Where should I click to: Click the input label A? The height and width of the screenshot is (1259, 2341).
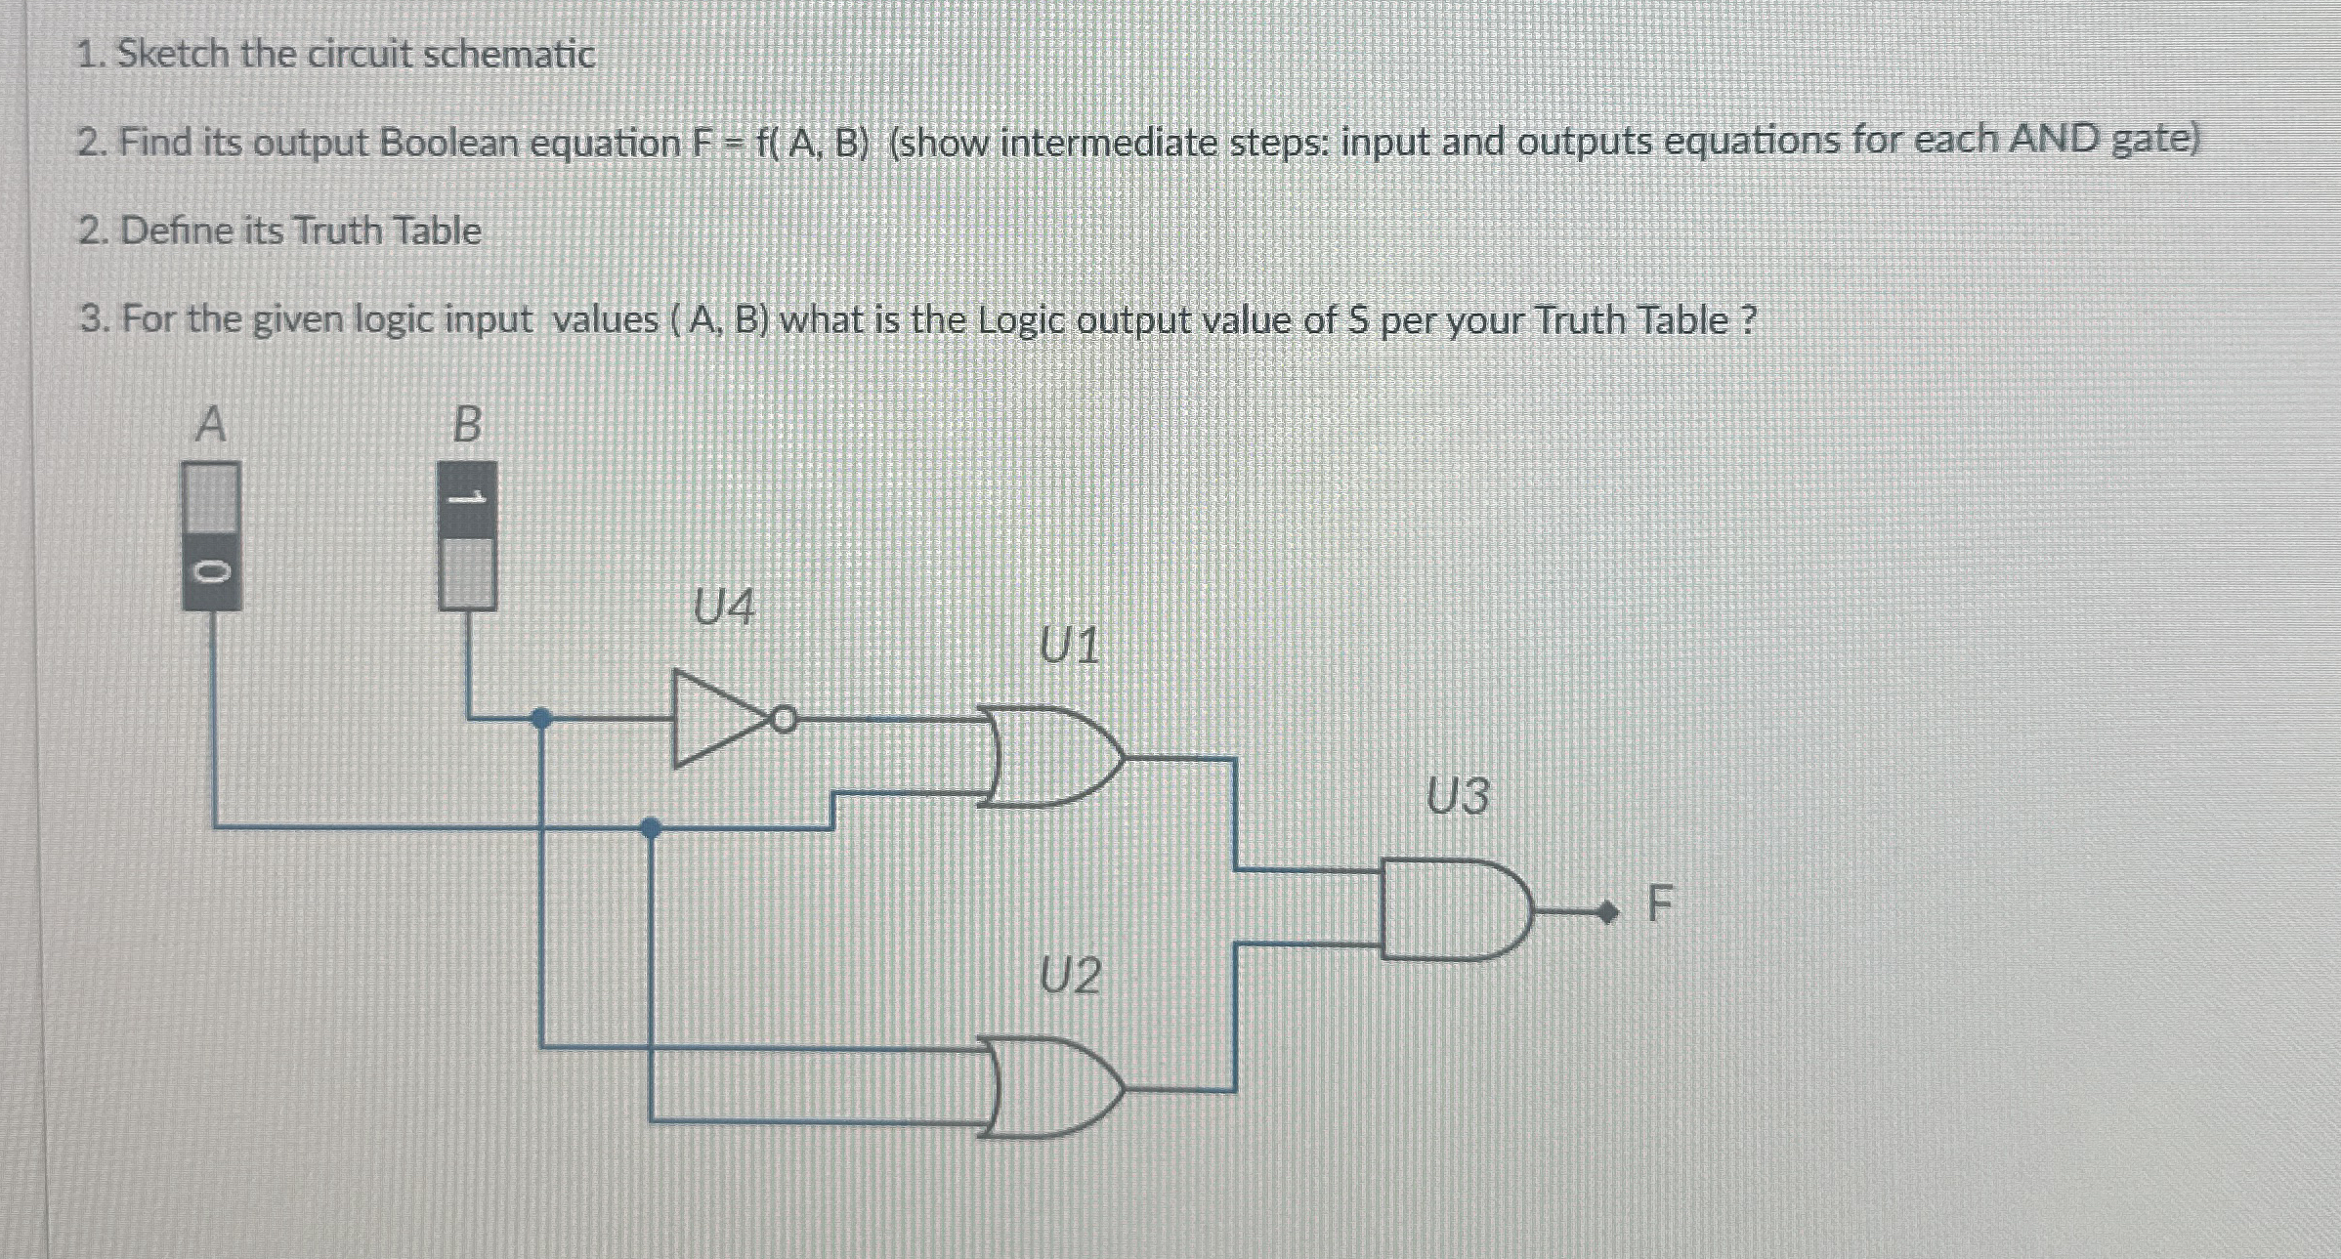click(x=211, y=424)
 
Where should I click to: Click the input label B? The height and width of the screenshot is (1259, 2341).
click(x=467, y=424)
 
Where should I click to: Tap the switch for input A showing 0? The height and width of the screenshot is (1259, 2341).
click(x=211, y=537)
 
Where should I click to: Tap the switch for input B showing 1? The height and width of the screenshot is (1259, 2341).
click(x=467, y=537)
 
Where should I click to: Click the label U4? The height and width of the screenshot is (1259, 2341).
click(x=724, y=607)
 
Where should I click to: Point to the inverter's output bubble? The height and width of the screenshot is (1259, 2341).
click(x=784, y=721)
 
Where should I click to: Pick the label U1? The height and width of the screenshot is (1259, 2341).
click(x=1070, y=646)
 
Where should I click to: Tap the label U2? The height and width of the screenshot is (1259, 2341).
click(x=1070, y=976)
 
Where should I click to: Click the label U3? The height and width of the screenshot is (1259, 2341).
click(x=1458, y=796)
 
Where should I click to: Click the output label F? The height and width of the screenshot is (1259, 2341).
click(x=1660, y=904)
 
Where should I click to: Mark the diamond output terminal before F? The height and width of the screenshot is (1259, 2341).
click(x=1605, y=913)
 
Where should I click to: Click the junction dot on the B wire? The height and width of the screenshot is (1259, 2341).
click(x=540, y=719)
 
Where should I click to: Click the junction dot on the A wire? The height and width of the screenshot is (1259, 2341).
click(x=651, y=828)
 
